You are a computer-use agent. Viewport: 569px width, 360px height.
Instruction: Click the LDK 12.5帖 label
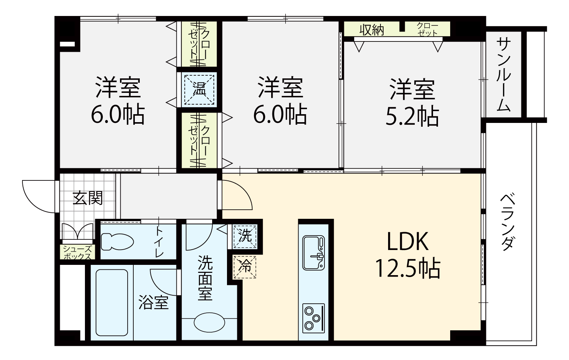(x=408, y=255)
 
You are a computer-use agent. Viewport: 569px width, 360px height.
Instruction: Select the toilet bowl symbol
(x=117, y=242)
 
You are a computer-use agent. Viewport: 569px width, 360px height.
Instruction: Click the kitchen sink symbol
(x=313, y=253)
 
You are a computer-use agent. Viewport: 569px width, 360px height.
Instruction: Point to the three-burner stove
(x=313, y=318)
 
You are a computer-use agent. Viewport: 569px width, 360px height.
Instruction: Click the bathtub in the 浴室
(x=112, y=303)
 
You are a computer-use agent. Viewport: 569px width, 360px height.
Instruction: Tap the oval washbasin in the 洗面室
(x=209, y=323)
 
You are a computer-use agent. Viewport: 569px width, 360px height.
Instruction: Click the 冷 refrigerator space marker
(x=245, y=267)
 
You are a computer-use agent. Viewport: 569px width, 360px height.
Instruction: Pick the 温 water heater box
(x=199, y=89)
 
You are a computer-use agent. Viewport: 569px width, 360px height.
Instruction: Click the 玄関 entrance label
(x=88, y=198)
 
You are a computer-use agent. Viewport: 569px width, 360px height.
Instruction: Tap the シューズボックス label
(x=77, y=252)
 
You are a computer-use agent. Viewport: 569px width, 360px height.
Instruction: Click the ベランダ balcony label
(x=508, y=222)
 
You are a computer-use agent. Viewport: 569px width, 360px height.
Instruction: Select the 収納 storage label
(x=371, y=30)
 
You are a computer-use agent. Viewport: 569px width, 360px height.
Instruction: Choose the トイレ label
(x=159, y=242)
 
